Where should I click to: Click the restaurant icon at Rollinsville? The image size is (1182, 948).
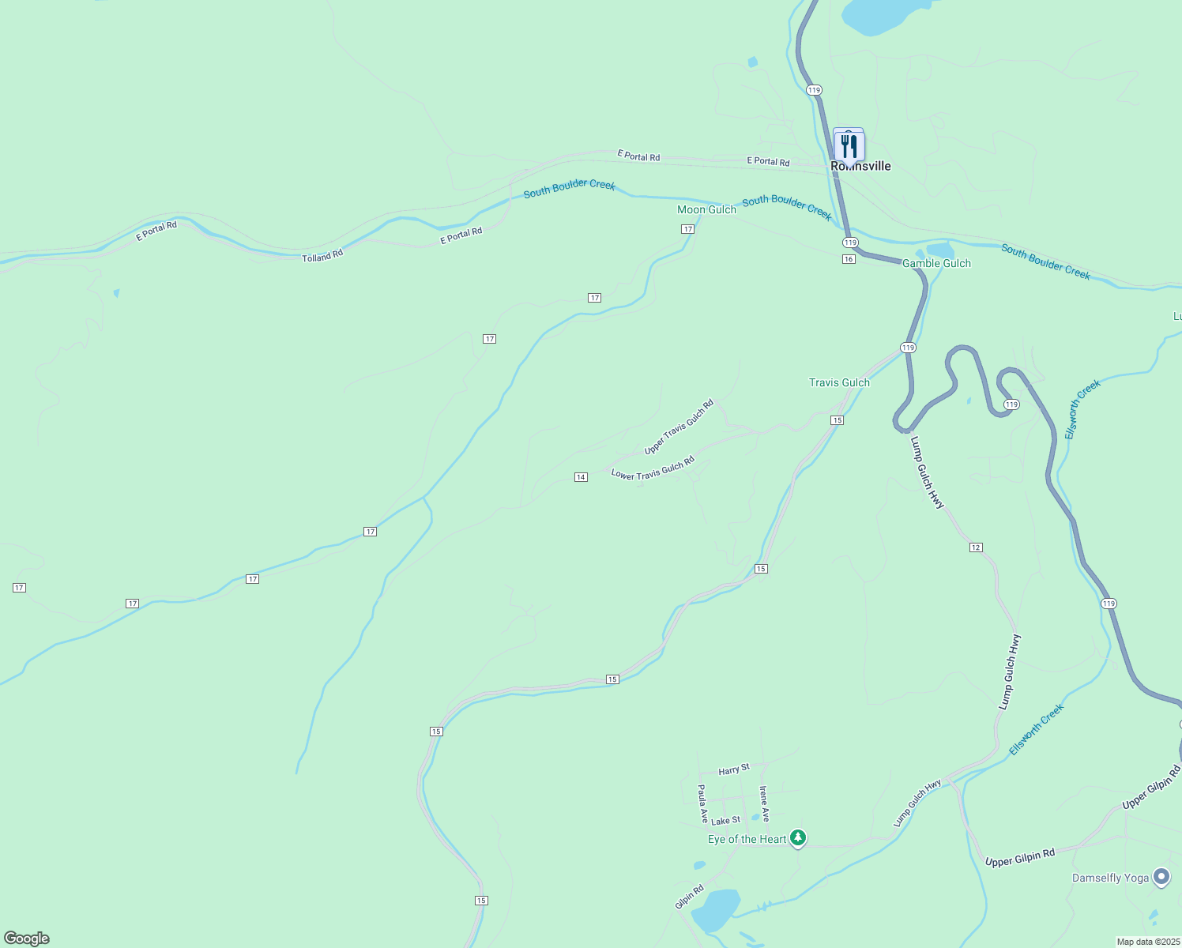(x=849, y=146)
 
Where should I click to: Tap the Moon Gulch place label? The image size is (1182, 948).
(x=706, y=209)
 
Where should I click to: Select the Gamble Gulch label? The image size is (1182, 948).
(x=936, y=263)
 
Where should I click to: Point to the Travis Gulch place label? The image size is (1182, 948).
(x=839, y=382)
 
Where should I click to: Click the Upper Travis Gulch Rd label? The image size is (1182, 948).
(x=679, y=427)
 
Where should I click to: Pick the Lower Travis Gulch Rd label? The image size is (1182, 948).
(x=653, y=468)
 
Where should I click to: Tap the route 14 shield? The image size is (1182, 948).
(x=581, y=477)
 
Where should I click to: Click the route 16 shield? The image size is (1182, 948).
(x=849, y=259)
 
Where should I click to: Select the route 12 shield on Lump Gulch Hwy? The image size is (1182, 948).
(x=976, y=547)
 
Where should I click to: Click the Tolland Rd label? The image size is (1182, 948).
(x=322, y=256)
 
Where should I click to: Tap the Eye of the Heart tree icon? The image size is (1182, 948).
(x=798, y=837)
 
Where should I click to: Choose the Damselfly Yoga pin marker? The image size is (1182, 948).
(x=1161, y=877)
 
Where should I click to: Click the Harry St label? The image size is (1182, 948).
(x=734, y=769)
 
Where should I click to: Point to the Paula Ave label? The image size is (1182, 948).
(x=702, y=803)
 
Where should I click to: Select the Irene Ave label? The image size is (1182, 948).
(x=764, y=803)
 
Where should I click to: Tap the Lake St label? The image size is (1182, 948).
(x=726, y=821)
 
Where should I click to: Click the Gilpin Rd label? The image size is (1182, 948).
(x=689, y=897)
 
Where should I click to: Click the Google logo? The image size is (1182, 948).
(x=27, y=939)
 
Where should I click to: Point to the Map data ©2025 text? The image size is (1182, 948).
(x=1147, y=942)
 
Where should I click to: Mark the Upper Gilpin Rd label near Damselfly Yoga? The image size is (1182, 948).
(x=1019, y=858)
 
